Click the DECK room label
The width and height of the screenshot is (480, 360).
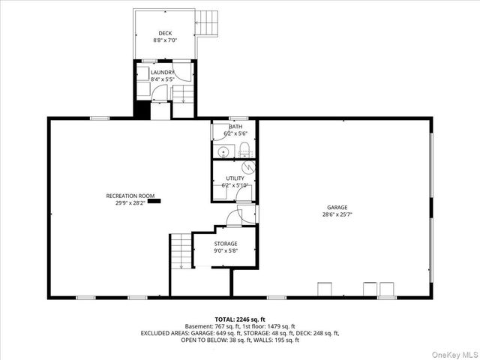165,33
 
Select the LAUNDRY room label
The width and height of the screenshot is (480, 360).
162,72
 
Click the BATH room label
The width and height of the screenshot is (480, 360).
235,126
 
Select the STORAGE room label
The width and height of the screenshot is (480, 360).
225,244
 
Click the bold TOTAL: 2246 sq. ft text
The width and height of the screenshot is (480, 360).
240,319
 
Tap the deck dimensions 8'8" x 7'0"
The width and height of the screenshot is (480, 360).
165,40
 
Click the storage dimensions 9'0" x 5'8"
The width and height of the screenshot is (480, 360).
225,251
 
